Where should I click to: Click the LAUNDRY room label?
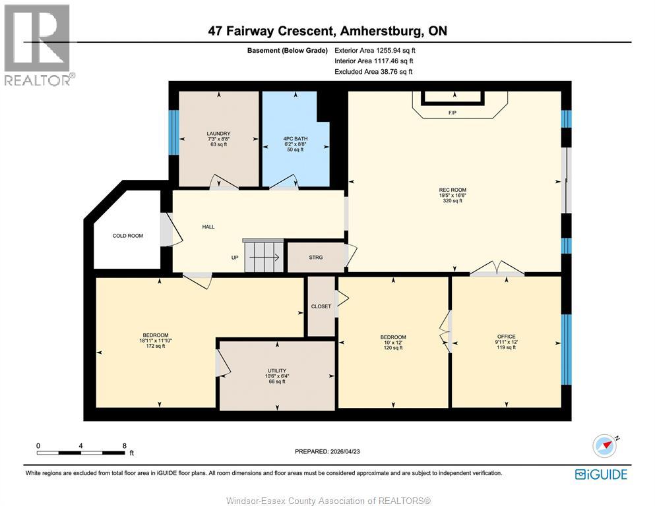(x=218, y=134)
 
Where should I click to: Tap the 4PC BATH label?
(x=296, y=138)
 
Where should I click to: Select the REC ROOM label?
(x=452, y=190)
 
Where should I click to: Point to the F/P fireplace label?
(x=452, y=113)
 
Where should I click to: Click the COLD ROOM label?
(x=128, y=236)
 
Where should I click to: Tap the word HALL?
(x=208, y=227)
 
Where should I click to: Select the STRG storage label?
(x=316, y=258)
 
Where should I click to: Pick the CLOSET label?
(x=321, y=306)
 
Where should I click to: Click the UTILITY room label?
(x=277, y=370)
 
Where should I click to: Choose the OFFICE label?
(x=507, y=337)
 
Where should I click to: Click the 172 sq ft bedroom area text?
(x=156, y=346)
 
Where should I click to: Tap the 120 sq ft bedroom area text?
(x=393, y=348)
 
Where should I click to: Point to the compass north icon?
(x=605, y=446)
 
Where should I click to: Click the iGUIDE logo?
(x=601, y=474)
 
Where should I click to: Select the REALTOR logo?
(x=38, y=45)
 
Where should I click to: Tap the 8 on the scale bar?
(x=125, y=446)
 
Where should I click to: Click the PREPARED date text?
(x=327, y=451)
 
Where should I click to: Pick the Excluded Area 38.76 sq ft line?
(x=373, y=72)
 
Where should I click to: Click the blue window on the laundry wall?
(x=173, y=132)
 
